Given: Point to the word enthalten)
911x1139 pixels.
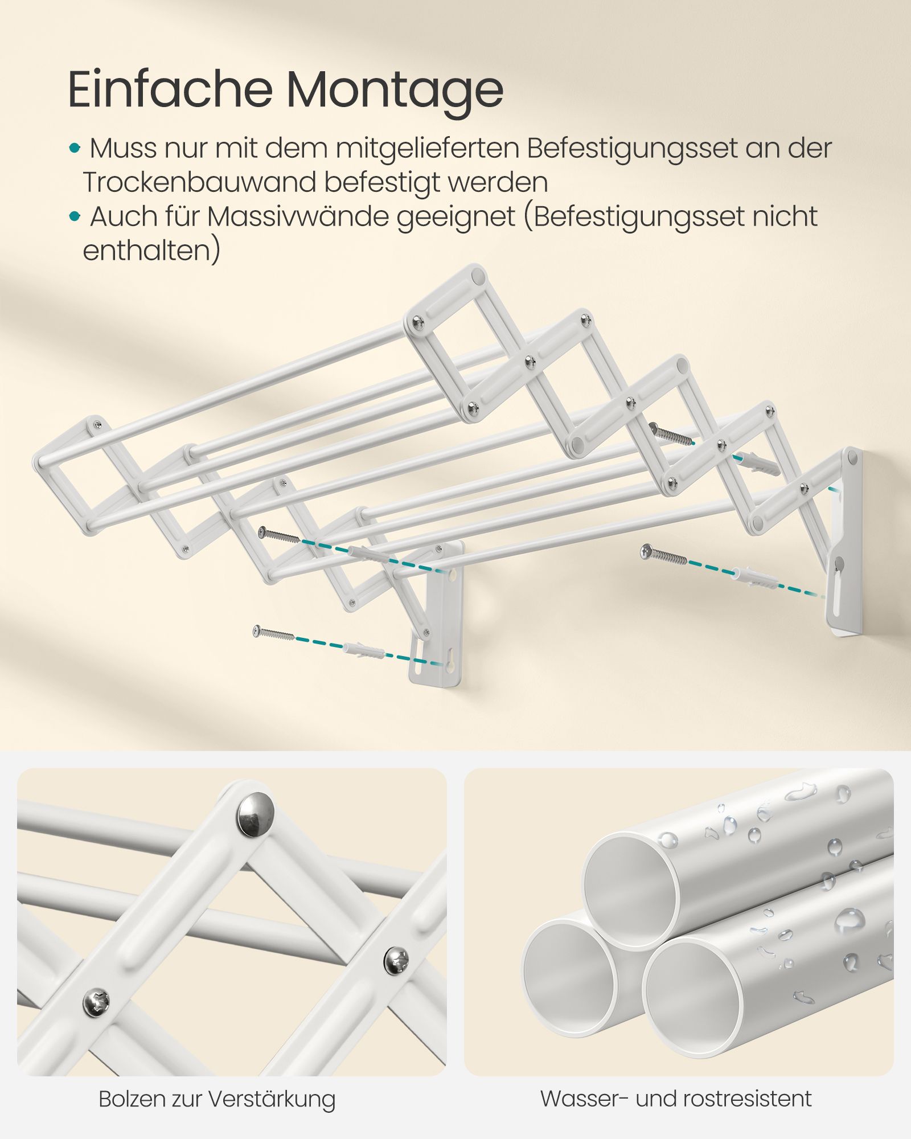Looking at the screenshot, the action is tap(151, 251).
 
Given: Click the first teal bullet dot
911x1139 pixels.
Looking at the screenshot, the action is tap(75, 149).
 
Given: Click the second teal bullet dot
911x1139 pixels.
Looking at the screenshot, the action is tap(75, 216).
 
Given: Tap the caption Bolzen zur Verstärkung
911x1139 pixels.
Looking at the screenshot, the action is tap(217, 1099).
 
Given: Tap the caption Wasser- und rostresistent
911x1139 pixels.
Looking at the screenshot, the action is tap(676, 1099).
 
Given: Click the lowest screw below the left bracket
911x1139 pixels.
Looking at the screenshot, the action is tap(273, 633).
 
